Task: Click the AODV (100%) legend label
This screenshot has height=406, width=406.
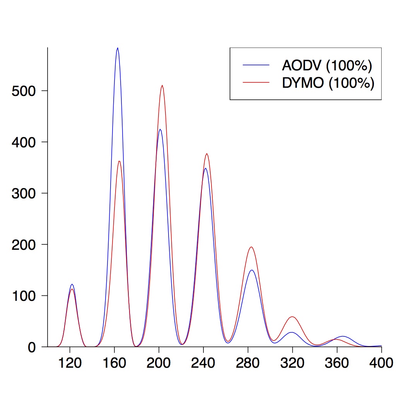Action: (327, 66)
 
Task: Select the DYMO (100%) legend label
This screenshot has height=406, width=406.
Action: (328, 83)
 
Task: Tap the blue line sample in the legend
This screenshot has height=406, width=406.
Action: (256, 65)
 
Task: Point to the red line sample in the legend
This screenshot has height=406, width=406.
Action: (256, 82)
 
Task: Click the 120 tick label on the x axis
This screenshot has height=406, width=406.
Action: (70, 363)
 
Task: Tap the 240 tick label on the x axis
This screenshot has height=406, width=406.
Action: (203, 363)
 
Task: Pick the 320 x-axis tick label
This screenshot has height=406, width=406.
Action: (292, 363)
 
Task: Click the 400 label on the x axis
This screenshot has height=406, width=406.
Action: (381, 363)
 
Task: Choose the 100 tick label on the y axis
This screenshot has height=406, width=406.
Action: (24, 296)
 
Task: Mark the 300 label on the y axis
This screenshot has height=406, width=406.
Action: (24, 193)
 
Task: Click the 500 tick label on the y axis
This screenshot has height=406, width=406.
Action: (24, 91)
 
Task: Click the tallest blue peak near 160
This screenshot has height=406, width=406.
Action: (118, 48)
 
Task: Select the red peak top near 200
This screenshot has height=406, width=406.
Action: (162, 85)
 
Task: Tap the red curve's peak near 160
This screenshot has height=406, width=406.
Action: (119, 161)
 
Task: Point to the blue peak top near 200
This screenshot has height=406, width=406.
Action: (160, 130)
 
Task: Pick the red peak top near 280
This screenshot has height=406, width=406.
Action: (251, 247)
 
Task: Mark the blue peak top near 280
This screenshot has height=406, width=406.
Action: (252, 270)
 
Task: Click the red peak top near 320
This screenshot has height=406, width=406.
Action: (293, 317)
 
